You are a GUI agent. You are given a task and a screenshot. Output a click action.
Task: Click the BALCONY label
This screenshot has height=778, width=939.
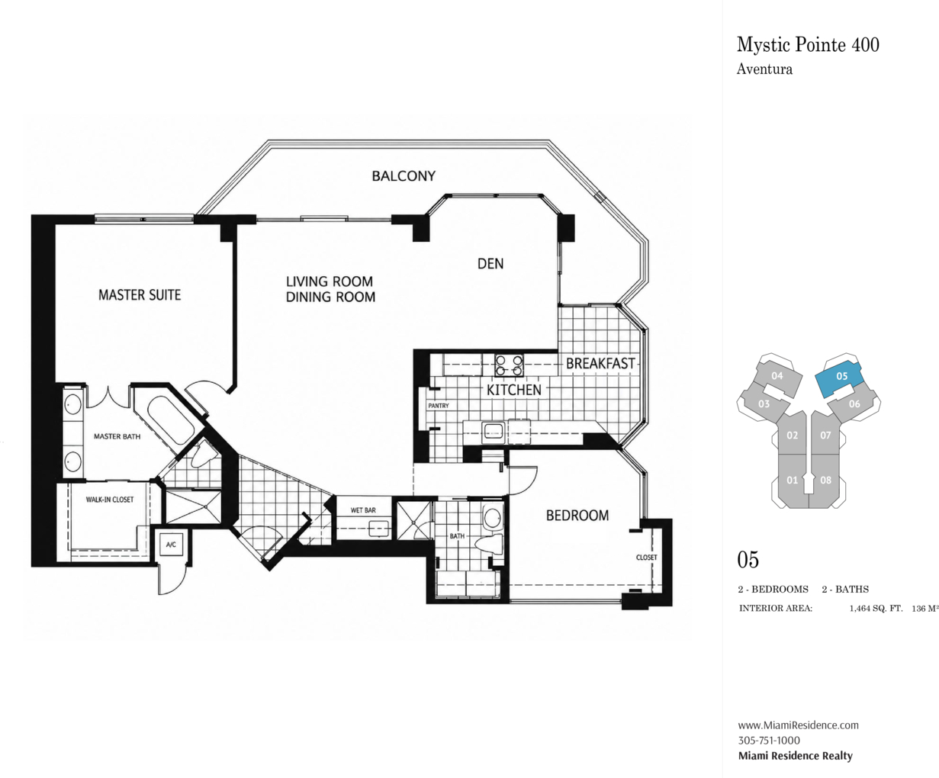404,176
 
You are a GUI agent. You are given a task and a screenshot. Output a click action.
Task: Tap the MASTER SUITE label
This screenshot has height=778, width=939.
140,295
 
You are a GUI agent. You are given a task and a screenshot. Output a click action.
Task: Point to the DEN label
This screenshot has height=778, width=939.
490,264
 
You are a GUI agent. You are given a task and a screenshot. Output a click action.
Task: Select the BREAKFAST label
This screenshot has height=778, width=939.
600,363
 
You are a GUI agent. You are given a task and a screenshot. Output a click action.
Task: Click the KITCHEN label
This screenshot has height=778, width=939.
514,390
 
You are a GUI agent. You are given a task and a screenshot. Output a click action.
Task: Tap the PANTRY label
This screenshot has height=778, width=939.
439,406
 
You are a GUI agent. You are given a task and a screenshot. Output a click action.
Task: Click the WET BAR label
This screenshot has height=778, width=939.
363,510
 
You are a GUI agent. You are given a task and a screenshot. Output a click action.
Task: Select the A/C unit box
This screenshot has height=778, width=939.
171,545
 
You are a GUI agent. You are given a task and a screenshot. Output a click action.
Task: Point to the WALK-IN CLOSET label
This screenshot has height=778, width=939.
110,499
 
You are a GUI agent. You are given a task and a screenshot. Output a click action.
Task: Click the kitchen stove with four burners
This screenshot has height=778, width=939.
509,365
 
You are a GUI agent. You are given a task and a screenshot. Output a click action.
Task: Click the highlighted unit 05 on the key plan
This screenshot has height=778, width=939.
838,378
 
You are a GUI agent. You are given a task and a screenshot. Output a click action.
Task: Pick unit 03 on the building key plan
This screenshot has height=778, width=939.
764,403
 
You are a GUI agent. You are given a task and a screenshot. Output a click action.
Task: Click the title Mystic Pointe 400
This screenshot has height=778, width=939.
808,45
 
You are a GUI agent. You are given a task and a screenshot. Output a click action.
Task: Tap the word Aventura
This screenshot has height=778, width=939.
764,69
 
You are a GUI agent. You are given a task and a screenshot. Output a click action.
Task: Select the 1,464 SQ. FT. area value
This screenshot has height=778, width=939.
876,609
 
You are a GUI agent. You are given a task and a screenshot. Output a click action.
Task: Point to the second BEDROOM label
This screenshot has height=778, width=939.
577,516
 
